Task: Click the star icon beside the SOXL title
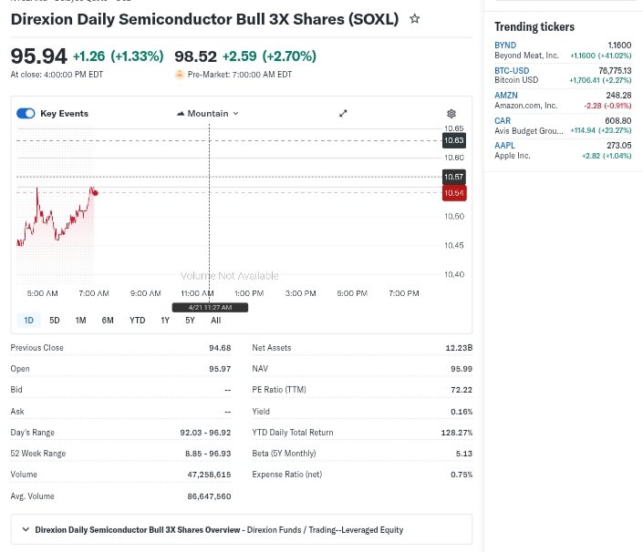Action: [x=415, y=18]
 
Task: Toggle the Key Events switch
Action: [x=26, y=113]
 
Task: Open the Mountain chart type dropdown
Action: [x=207, y=113]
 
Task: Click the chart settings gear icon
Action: [x=451, y=114]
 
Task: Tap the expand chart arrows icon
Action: [x=343, y=113]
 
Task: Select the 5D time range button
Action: [x=55, y=320]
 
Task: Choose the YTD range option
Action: [x=137, y=320]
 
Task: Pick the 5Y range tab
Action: [x=190, y=320]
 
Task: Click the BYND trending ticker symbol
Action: [x=504, y=45]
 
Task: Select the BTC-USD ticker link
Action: [x=512, y=70]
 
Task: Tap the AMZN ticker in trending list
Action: [x=505, y=95]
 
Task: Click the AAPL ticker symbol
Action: [x=504, y=145]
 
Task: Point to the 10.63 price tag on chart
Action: [x=453, y=140]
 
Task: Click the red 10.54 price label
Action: [x=453, y=193]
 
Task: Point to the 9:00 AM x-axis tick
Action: [x=146, y=293]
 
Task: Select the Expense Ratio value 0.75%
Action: [x=461, y=475]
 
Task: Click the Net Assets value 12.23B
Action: [x=459, y=348]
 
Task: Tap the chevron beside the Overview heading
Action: [x=26, y=529]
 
